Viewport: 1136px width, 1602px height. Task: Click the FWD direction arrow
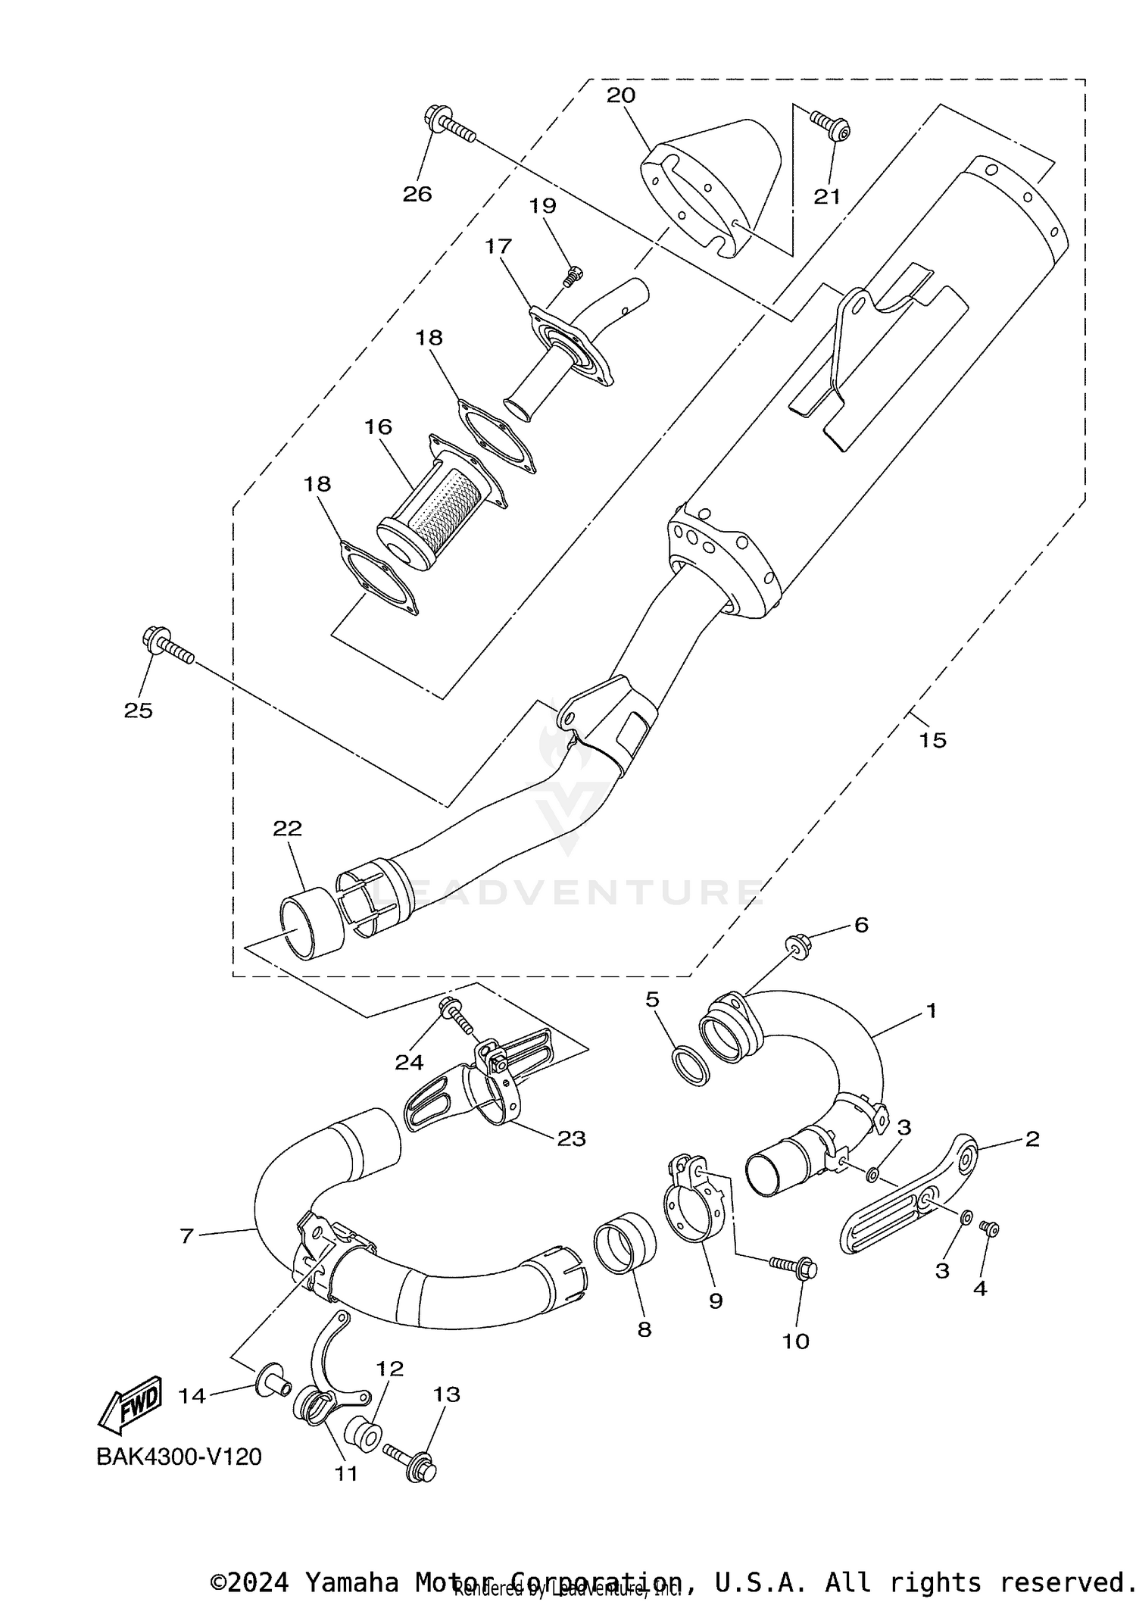coord(130,1404)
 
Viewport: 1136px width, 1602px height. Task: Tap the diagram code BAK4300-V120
coord(179,1457)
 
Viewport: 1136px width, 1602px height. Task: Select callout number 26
coord(417,194)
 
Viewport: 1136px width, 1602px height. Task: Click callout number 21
coord(827,196)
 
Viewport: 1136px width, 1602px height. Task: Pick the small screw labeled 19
coord(574,276)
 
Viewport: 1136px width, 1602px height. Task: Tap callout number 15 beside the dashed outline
coord(932,739)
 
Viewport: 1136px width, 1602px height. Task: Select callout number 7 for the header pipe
coord(187,1235)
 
